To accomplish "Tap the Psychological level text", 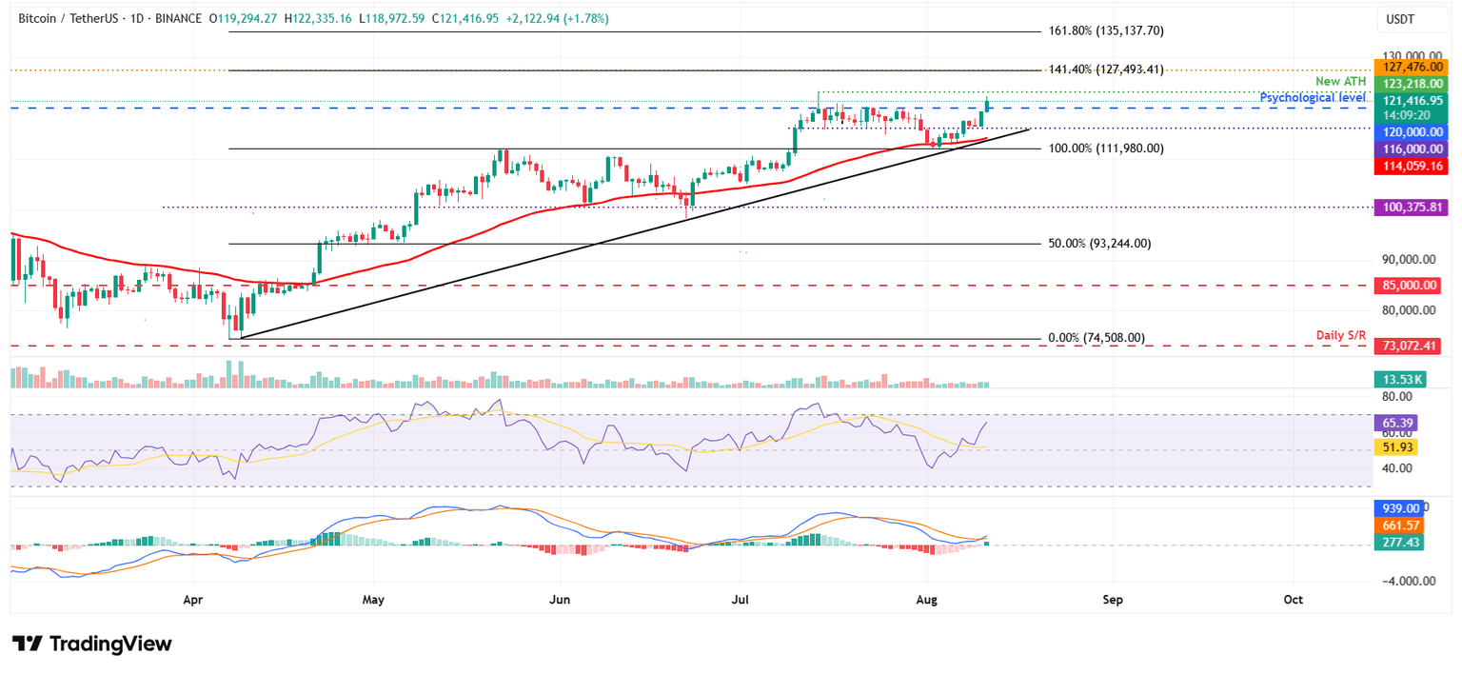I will (1313, 98).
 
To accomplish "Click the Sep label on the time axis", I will (1113, 601).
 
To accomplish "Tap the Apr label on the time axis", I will (193, 601).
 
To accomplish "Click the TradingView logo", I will (92, 644).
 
